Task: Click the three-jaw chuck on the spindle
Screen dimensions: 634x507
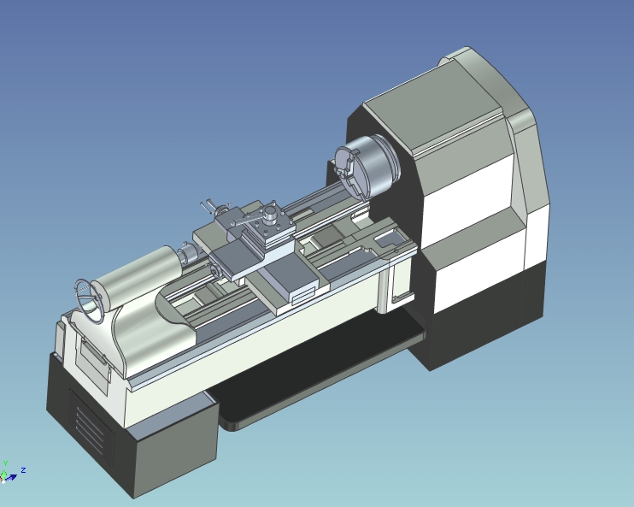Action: [365, 168]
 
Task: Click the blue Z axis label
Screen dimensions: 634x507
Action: [23, 469]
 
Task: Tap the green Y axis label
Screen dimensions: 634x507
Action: [5, 463]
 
